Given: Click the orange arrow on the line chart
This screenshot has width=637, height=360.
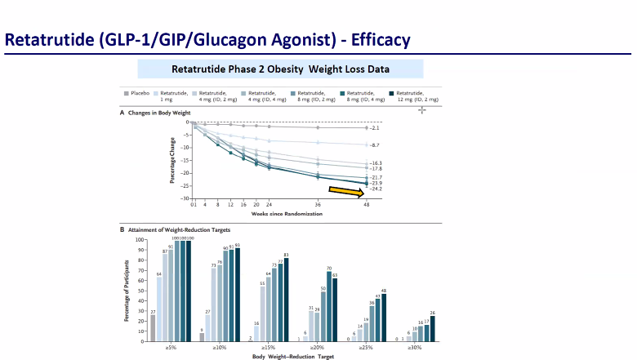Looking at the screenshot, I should pyautogui.click(x=344, y=191).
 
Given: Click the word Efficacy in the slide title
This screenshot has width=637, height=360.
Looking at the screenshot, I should pyautogui.click(x=367, y=39).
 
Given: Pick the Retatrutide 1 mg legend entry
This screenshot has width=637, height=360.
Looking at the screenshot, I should pyautogui.click(x=173, y=97).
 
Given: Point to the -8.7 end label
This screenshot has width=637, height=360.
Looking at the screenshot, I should pyautogui.click(x=376, y=144).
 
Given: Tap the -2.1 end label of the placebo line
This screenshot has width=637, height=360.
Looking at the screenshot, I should pyautogui.click(x=376, y=128).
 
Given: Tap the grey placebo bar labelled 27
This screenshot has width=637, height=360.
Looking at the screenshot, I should pyautogui.click(x=152, y=327).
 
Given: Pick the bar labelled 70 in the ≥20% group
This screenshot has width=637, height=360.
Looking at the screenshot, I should pyautogui.click(x=352, y=305).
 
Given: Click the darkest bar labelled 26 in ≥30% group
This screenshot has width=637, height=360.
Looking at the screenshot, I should pyautogui.click(x=432, y=328).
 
